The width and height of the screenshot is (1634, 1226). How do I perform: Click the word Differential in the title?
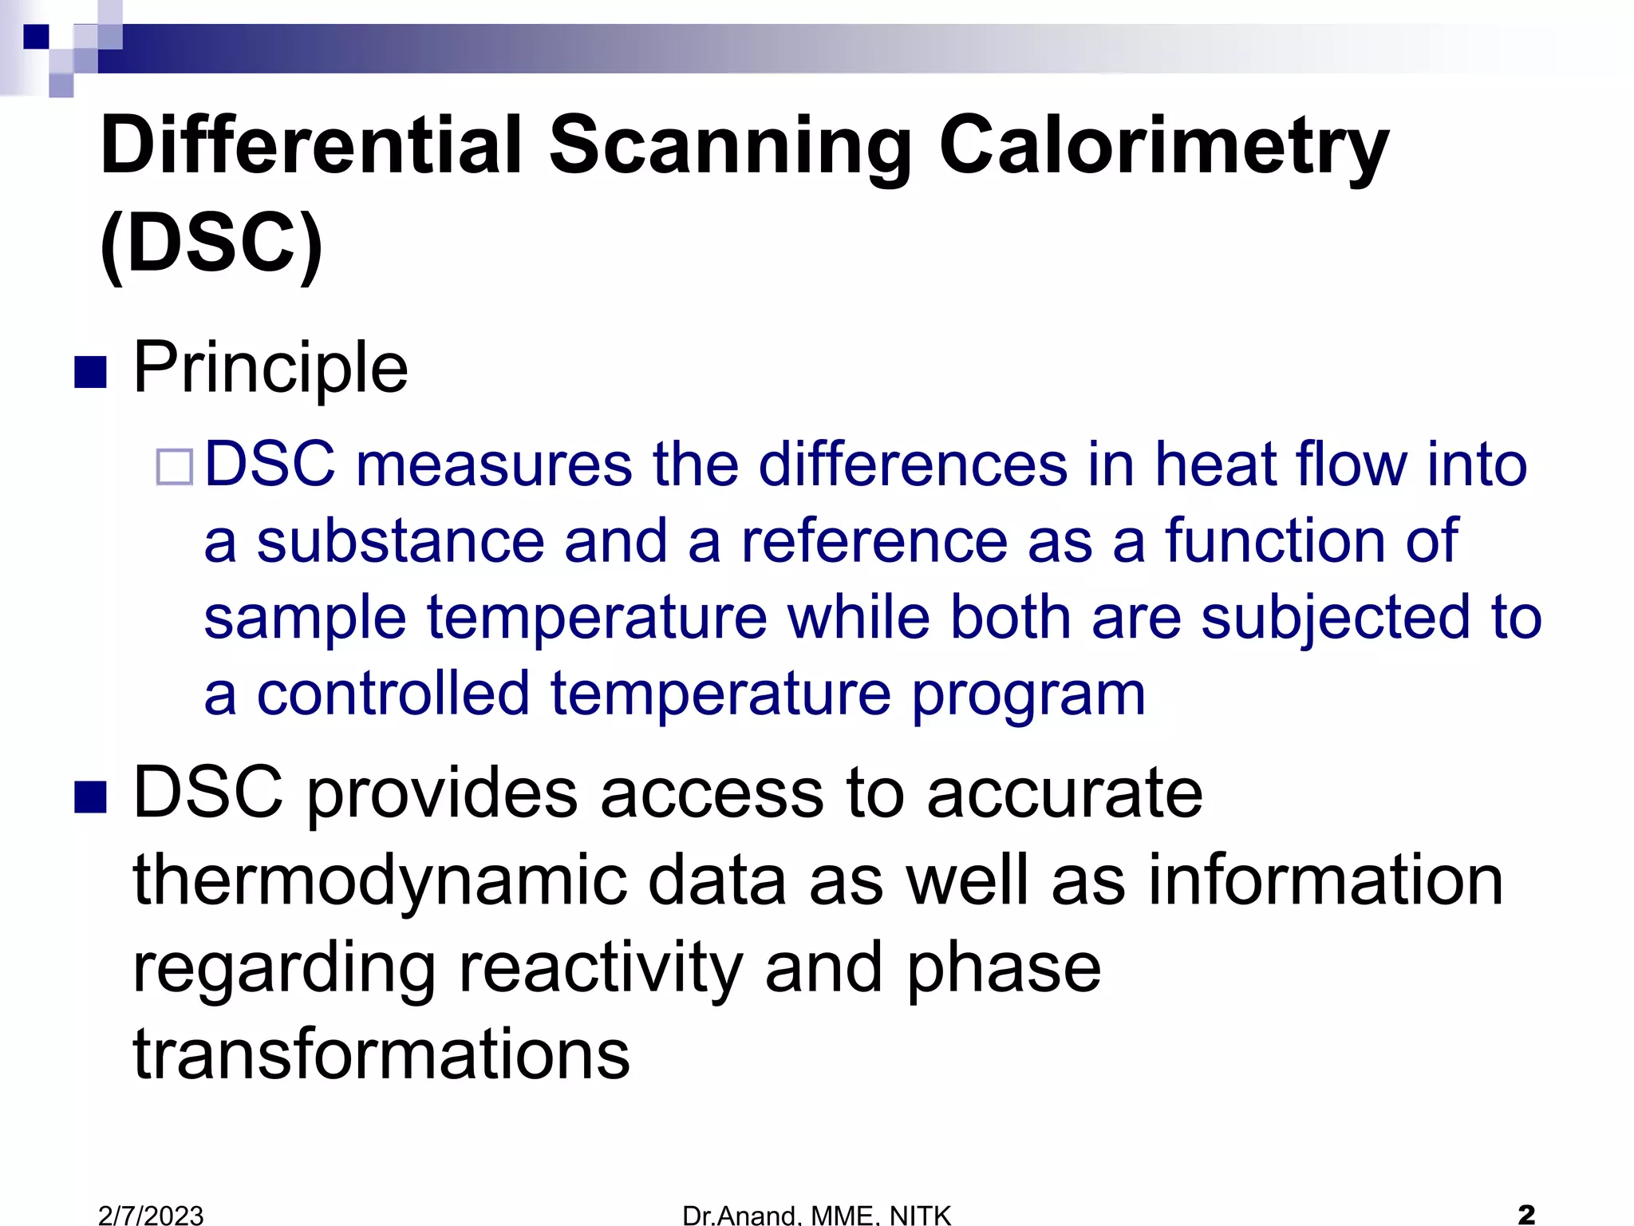[311, 145]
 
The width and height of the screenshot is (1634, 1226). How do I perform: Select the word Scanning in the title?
[730, 145]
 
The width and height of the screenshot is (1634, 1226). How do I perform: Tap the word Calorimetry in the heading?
[1163, 145]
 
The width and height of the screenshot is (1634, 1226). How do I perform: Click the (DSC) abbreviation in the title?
[211, 243]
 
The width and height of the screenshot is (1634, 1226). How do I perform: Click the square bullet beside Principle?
[90, 372]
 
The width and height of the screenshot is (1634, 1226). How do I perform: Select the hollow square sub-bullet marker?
[175, 467]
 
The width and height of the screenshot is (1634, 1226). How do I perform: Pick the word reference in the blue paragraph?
[874, 541]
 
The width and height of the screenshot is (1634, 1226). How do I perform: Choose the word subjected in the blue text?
[1336, 618]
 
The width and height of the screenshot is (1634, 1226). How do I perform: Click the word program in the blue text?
[1028, 694]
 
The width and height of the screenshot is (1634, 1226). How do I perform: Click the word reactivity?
[601, 967]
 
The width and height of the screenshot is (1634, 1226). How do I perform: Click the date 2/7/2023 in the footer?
[151, 1215]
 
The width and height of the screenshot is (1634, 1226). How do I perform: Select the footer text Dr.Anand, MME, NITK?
[816, 1215]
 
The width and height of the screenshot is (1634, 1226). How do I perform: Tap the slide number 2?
[1526, 1214]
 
